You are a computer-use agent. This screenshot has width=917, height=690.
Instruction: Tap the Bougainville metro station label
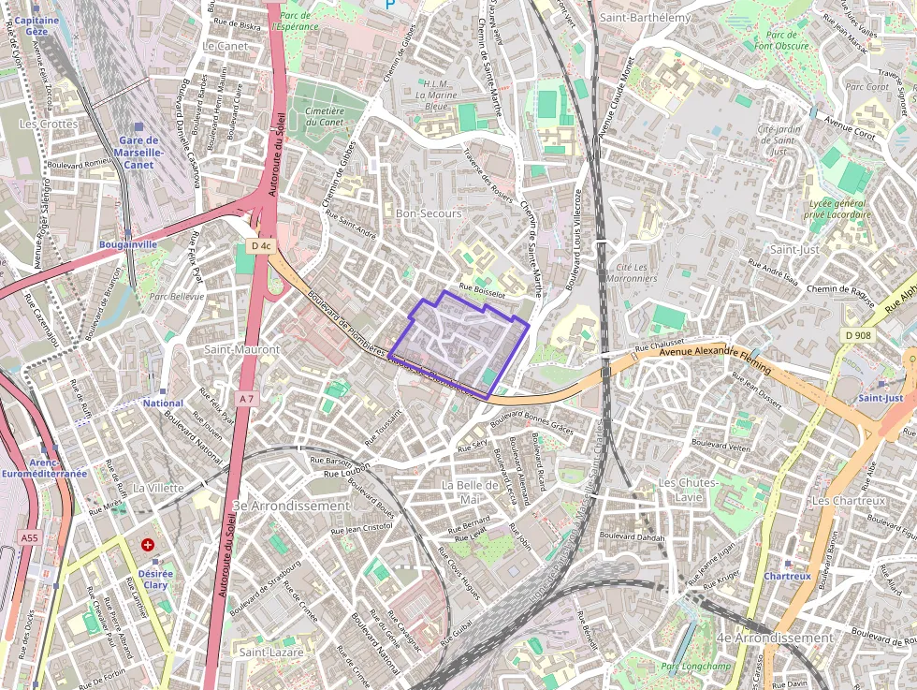tap(128, 244)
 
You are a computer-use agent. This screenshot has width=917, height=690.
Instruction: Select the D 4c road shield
tap(261, 246)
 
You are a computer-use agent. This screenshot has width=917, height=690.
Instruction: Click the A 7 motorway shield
tap(246, 399)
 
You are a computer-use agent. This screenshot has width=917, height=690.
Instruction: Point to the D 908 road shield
tap(857, 335)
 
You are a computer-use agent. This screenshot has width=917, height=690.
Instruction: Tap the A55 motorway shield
tap(29, 537)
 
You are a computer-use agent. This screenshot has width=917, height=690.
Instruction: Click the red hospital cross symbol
tap(148, 544)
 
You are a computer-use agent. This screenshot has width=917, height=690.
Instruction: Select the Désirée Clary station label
tap(154, 579)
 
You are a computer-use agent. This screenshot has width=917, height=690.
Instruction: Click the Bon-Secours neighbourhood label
tap(429, 213)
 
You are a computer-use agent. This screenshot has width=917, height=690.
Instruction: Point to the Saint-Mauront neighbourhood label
tap(241, 349)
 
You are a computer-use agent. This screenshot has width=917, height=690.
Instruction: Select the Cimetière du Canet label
tap(325, 116)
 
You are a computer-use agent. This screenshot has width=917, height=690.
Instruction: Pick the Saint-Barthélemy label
tap(645, 17)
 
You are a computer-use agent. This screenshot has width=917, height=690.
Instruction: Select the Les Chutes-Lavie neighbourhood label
tap(688, 489)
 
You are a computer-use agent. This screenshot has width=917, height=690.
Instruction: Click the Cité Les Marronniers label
tap(631, 272)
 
